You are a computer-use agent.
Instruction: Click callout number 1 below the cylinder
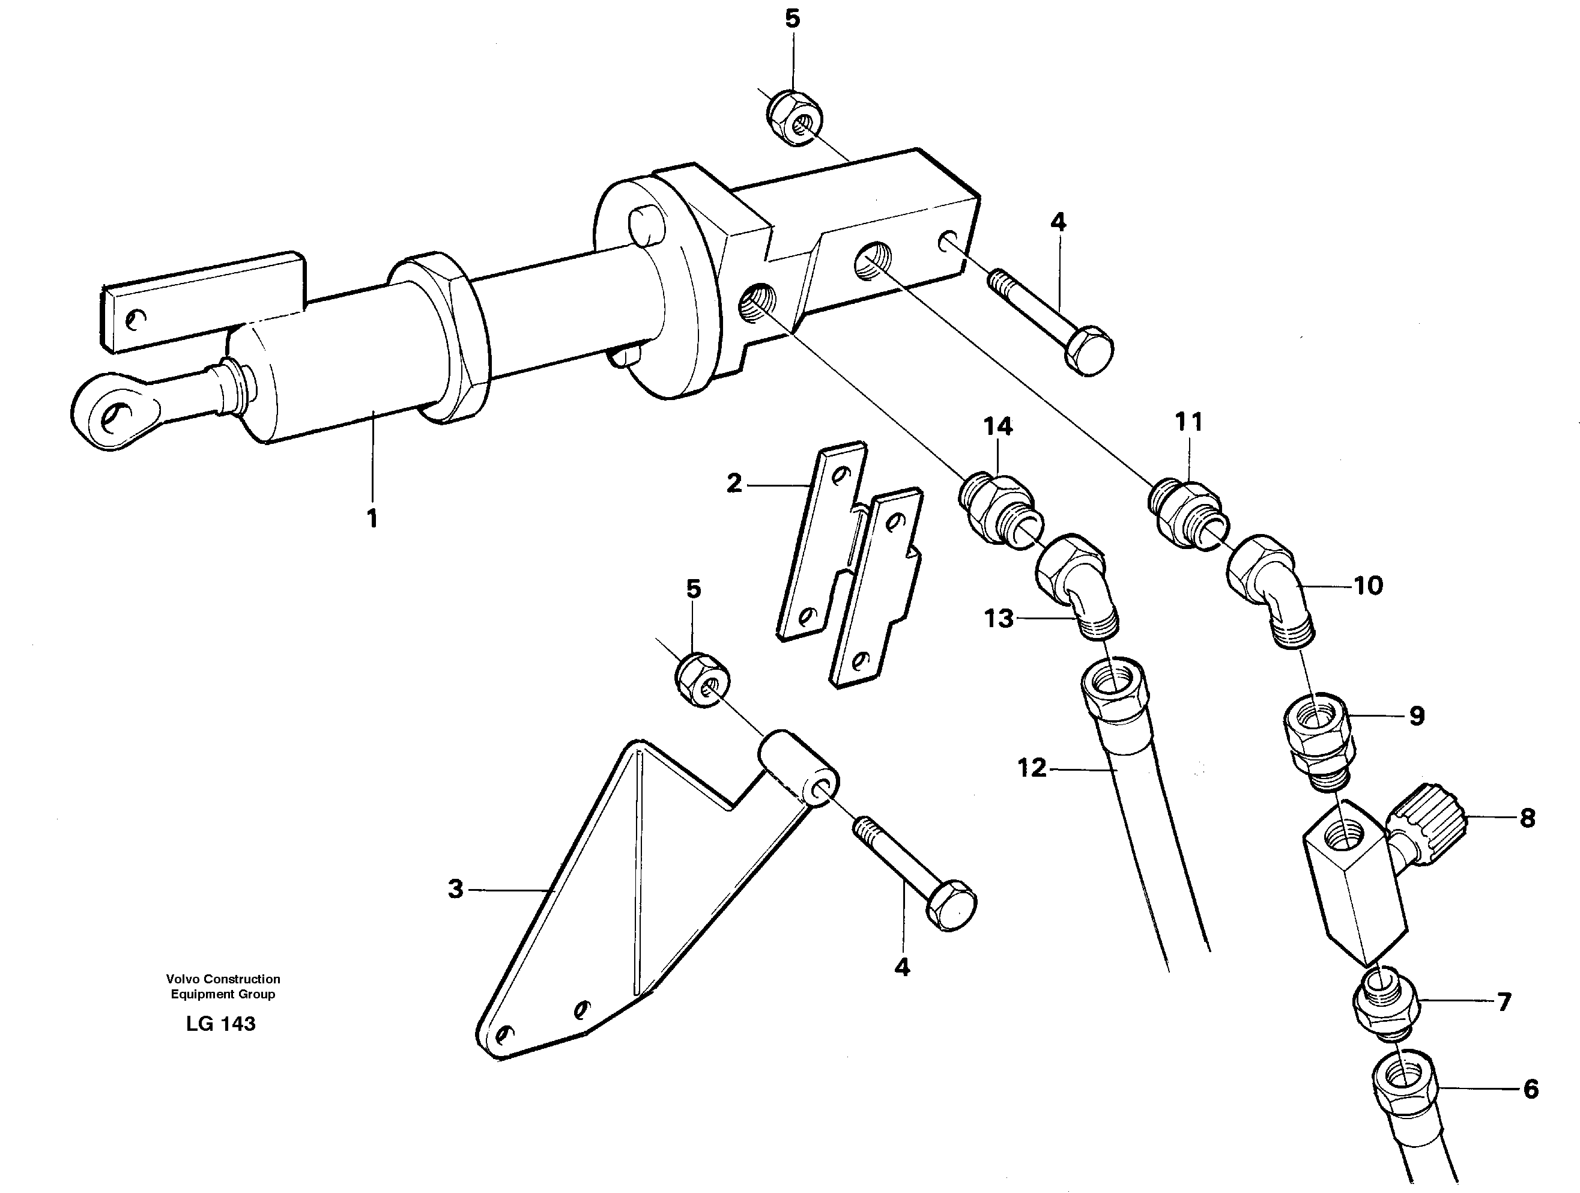click(371, 518)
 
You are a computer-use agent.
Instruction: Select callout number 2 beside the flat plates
click(734, 484)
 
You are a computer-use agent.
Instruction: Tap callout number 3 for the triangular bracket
click(456, 890)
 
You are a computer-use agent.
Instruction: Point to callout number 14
click(998, 427)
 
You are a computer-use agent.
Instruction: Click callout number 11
click(1189, 422)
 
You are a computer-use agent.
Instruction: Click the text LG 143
click(221, 1024)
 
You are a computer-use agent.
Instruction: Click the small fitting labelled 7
click(1384, 1004)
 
